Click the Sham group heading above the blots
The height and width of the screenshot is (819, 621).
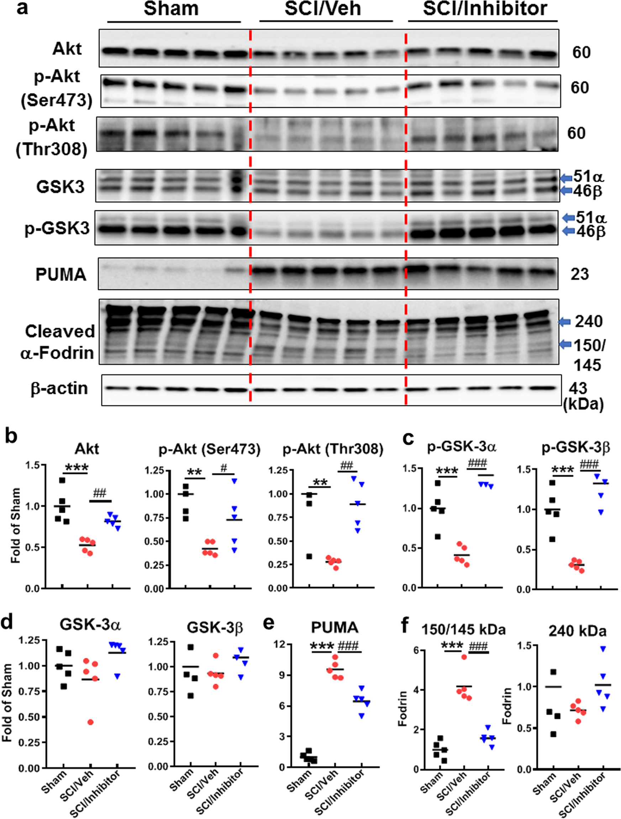[x=171, y=9]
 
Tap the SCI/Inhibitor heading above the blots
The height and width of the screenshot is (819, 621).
[x=485, y=9]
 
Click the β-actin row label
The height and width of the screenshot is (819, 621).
[x=59, y=389]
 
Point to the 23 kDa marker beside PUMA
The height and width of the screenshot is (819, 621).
[x=579, y=274]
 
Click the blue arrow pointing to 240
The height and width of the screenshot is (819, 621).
[x=564, y=322]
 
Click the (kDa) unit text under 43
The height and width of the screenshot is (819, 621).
[x=583, y=404]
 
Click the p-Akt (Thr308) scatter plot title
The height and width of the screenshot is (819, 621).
[x=333, y=449]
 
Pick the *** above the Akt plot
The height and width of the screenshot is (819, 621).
[x=76, y=468]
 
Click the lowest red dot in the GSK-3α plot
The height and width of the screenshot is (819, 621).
[x=90, y=722]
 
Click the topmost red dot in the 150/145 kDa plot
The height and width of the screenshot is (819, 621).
[x=464, y=657]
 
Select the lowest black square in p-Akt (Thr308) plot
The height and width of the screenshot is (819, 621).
[x=309, y=556]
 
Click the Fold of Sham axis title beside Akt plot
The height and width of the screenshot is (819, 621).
[x=15, y=526]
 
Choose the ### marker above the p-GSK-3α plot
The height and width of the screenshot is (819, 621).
[x=477, y=464]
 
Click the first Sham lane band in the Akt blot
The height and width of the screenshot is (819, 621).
[x=113, y=52]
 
